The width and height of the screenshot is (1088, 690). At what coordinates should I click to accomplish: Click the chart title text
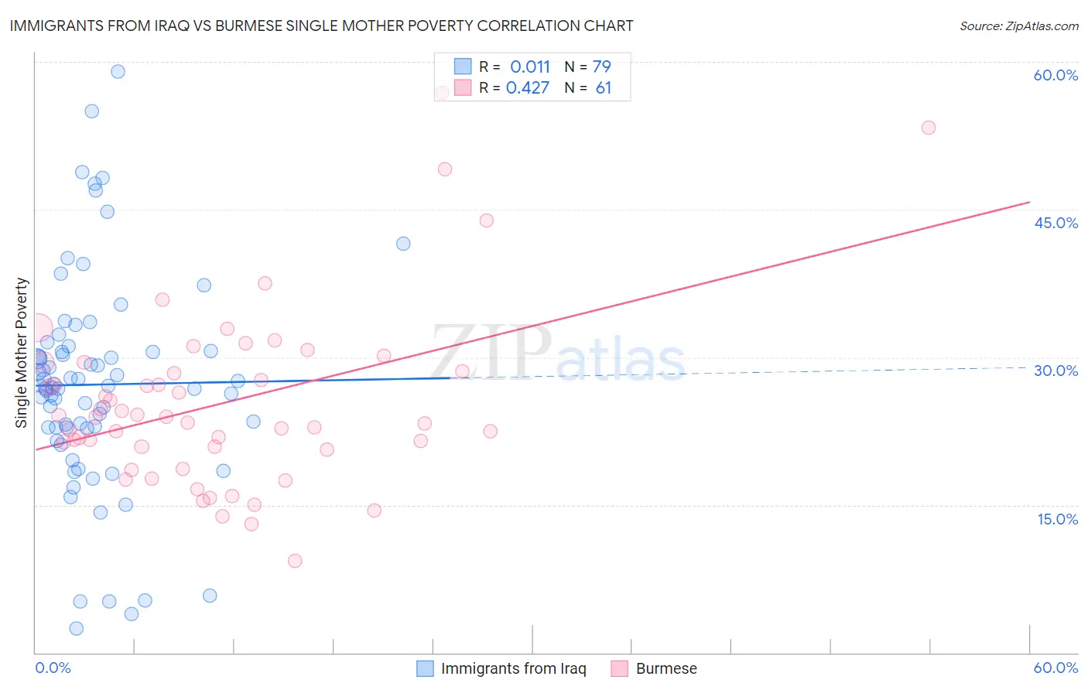coord(321,26)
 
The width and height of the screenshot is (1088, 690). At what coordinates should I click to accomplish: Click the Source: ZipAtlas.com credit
coord(1018,26)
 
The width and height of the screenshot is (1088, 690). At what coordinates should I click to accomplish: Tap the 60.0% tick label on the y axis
coord(1055,75)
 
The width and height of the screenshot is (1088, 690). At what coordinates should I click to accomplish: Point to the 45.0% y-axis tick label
coord(1055,223)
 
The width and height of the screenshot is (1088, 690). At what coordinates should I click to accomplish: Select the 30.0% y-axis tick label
coord(1055,371)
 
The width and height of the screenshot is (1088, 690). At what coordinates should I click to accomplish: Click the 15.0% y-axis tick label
coord(1057,519)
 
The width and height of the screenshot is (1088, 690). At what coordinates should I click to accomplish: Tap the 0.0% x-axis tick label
coord(53,668)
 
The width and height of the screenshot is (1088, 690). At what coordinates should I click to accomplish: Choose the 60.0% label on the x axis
coord(1055,668)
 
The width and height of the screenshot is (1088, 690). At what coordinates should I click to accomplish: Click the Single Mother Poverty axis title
coord(22,353)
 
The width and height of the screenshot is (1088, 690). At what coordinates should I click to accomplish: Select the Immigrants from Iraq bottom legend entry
coord(513,668)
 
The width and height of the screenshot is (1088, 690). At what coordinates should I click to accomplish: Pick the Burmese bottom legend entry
coord(665,668)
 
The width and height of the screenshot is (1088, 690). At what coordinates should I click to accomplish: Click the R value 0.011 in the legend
coord(529,67)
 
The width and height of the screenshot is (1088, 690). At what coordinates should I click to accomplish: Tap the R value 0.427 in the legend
coord(528,88)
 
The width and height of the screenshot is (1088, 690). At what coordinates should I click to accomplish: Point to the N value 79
coord(601,67)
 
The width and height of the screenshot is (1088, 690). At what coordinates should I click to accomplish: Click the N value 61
coord(603,88)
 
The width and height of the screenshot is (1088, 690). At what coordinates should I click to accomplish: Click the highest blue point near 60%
coord(118,71)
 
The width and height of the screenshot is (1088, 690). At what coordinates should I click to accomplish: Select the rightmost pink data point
coord(929,128)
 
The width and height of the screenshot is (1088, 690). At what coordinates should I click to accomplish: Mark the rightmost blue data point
coord(403,244)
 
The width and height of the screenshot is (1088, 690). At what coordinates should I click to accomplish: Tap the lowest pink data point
coord(295,561)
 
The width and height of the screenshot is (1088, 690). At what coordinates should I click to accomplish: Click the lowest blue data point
coord(76,629)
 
